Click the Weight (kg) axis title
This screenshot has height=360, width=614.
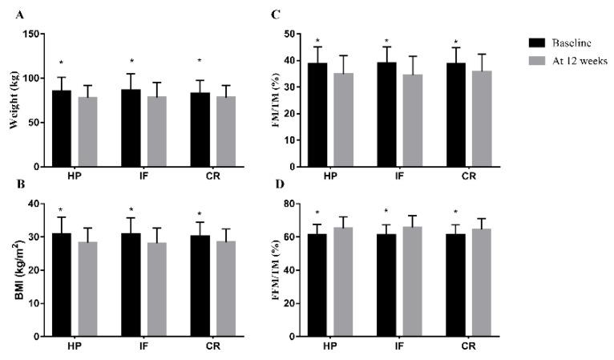pyautogui.click(x=14, y=99)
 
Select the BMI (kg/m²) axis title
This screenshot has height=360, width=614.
pyautogui.click(x=14, y=270)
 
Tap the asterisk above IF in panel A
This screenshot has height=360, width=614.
pyautogui.click(x=131, y=62)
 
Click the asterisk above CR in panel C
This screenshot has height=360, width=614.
pyautogui.click(x=456, y=42)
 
